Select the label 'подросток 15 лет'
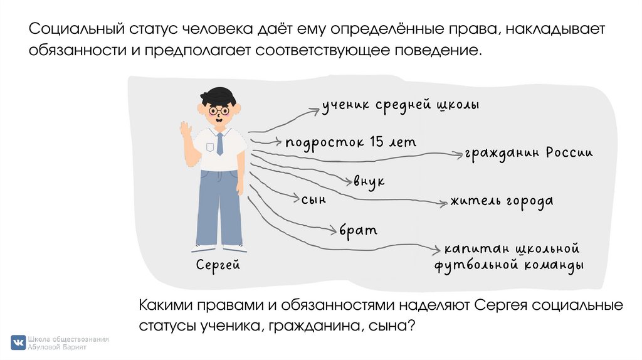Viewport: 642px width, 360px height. pos(350,142)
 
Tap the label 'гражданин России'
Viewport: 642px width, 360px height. pos(528,153)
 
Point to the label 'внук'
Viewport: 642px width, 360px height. pos(369,181)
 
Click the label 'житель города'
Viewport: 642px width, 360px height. pos(501,201)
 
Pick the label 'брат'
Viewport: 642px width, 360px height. pos(359,230)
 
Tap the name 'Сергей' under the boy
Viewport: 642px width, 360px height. pos(218,265)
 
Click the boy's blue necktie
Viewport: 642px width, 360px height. pos(219,144)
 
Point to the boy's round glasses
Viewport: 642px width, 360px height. pos(219,111)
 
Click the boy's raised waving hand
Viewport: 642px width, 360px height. pos(186,132)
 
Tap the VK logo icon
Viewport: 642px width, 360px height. pos(18,342)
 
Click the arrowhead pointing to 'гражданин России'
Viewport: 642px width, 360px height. pos(459,153)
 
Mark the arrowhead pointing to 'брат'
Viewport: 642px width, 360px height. pos(335,231)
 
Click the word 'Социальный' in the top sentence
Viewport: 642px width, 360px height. pos(75,30)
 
